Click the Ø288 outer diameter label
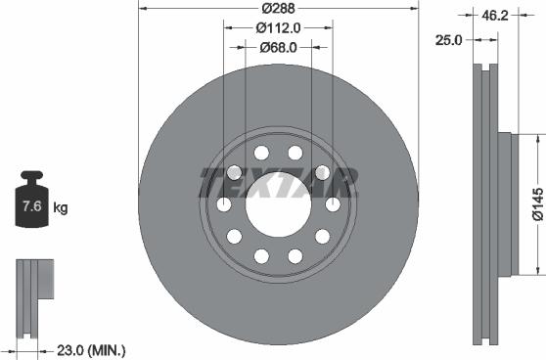(x=278, y=8)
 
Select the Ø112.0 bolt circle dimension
(x=278, y=27)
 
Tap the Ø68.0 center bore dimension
(x=278, y=47)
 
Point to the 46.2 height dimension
(x=495, y=16)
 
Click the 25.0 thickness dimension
(x=448, y=40)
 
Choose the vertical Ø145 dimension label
(x=538, y=204)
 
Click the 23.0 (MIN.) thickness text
(x=91, y=350)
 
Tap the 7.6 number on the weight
(x=32, y=206)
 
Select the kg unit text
(x=61, y=207)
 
